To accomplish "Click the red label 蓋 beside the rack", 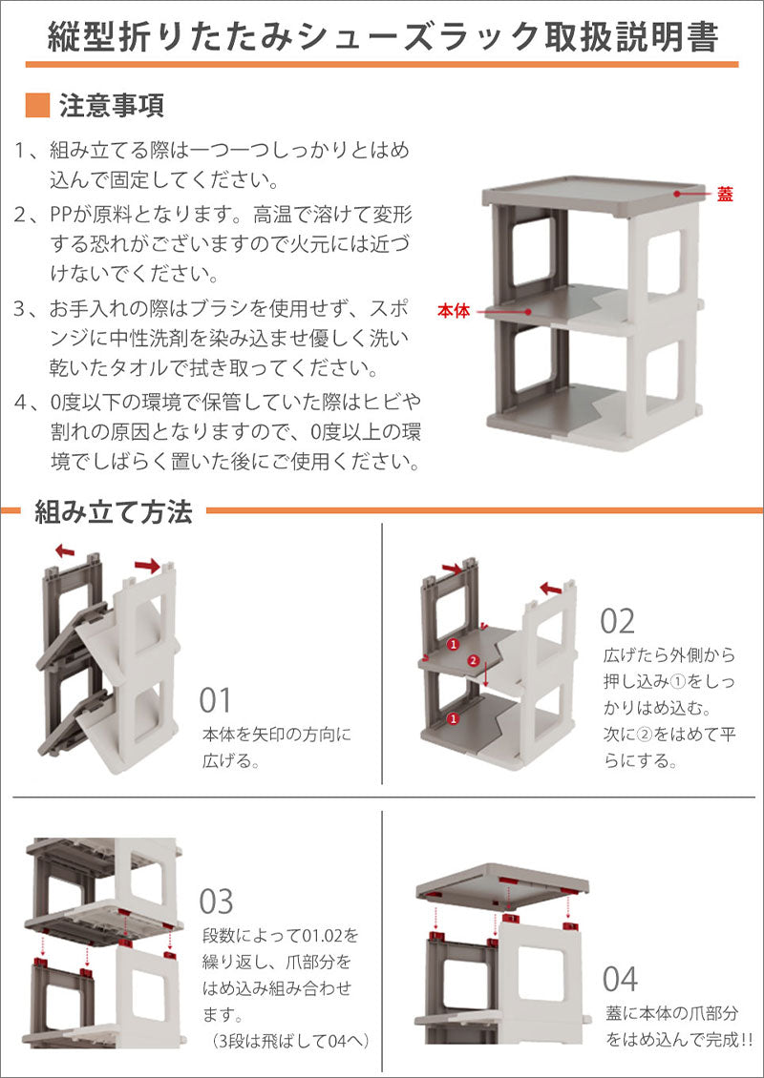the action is click(x=725, y=195).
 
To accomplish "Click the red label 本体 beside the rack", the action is click(x=454, y=311).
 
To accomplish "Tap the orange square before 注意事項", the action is click(x=37, y=105).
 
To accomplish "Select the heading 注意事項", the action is click(x=112, y=106).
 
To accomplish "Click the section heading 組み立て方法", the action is click(x=114, y=512).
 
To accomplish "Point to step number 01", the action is click(x=216, y=700).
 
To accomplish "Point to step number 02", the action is click(x=617, y=621).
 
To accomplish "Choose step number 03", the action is click(x=216, y=902).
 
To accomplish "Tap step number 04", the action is click(x=620, y=979).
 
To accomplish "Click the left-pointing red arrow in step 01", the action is click(x=65, y=550).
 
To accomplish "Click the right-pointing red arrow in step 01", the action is click(x=147, y=566).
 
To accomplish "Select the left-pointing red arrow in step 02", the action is click(x=551, y=589).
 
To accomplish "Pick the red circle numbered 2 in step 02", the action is click(x=472, y=661).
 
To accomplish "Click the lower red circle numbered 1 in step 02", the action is click(x=453, y=719).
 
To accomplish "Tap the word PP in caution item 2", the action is click(x=60, y=216).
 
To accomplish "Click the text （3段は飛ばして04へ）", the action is click(x=287, y=1040).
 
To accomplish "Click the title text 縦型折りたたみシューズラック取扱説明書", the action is click(x=383, y=36).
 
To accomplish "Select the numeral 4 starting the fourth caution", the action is click(x=21, y=402).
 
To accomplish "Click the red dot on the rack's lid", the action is click(x=677, y=194).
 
